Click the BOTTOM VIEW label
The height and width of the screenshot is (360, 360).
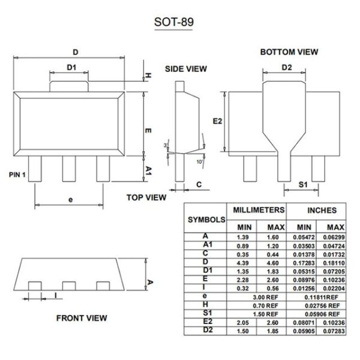[289, 52]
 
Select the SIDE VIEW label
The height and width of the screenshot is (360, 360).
[186, 69]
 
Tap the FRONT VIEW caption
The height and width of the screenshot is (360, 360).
[82, 317]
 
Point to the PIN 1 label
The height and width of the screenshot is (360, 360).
[18, 175]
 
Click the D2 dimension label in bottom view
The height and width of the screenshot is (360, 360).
[287, 67]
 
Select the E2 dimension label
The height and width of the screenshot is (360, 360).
[218, 121]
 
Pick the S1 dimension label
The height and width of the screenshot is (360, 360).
[303, 185]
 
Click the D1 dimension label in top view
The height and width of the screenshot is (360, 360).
[71, 67]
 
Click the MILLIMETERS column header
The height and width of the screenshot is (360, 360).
[258, 211]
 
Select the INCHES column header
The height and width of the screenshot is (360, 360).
[322, 211]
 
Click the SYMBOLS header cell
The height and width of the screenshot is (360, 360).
[206, 220]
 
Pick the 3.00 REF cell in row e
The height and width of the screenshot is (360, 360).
[258, 297]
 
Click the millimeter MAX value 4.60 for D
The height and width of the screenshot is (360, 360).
[275, 262]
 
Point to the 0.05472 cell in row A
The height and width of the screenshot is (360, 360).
[304, 238]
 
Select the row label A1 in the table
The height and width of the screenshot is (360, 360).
[207, 245]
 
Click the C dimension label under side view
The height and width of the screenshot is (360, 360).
[199, 185]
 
